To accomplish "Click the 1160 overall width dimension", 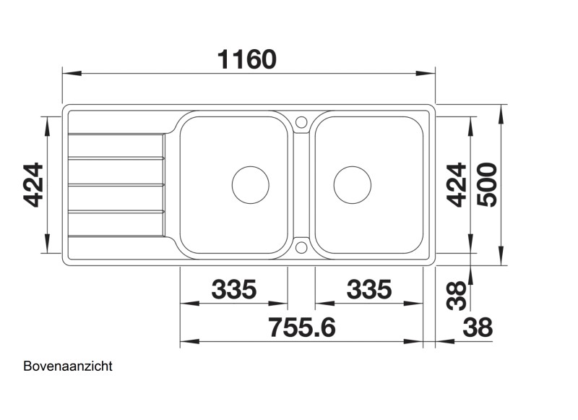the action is [246, 59].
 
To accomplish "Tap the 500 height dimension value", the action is [487, 184].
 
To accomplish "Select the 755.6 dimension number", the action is [302, 327].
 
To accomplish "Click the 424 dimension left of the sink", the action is [33, 185].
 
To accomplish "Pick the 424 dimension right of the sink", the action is [457, 185].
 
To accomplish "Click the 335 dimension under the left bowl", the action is [233, 289].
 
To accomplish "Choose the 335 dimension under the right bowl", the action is [369, 289].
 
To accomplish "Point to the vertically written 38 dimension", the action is [457, 296].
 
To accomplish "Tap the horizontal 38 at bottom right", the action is [478, 327].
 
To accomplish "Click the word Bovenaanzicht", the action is [68, 367].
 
